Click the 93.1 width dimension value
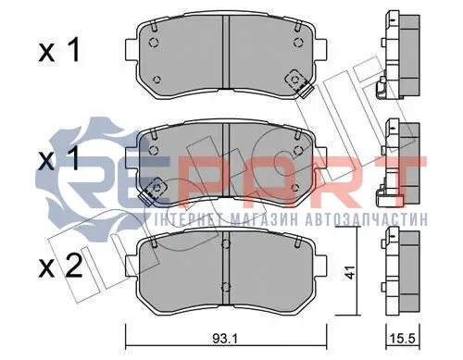[x=225, y=340]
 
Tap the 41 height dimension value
[x=349, y=271]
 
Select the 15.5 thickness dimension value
[x=404, y=340]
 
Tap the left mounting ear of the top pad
[x=131, y=50]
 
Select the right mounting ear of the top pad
[x=321, y=50]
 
